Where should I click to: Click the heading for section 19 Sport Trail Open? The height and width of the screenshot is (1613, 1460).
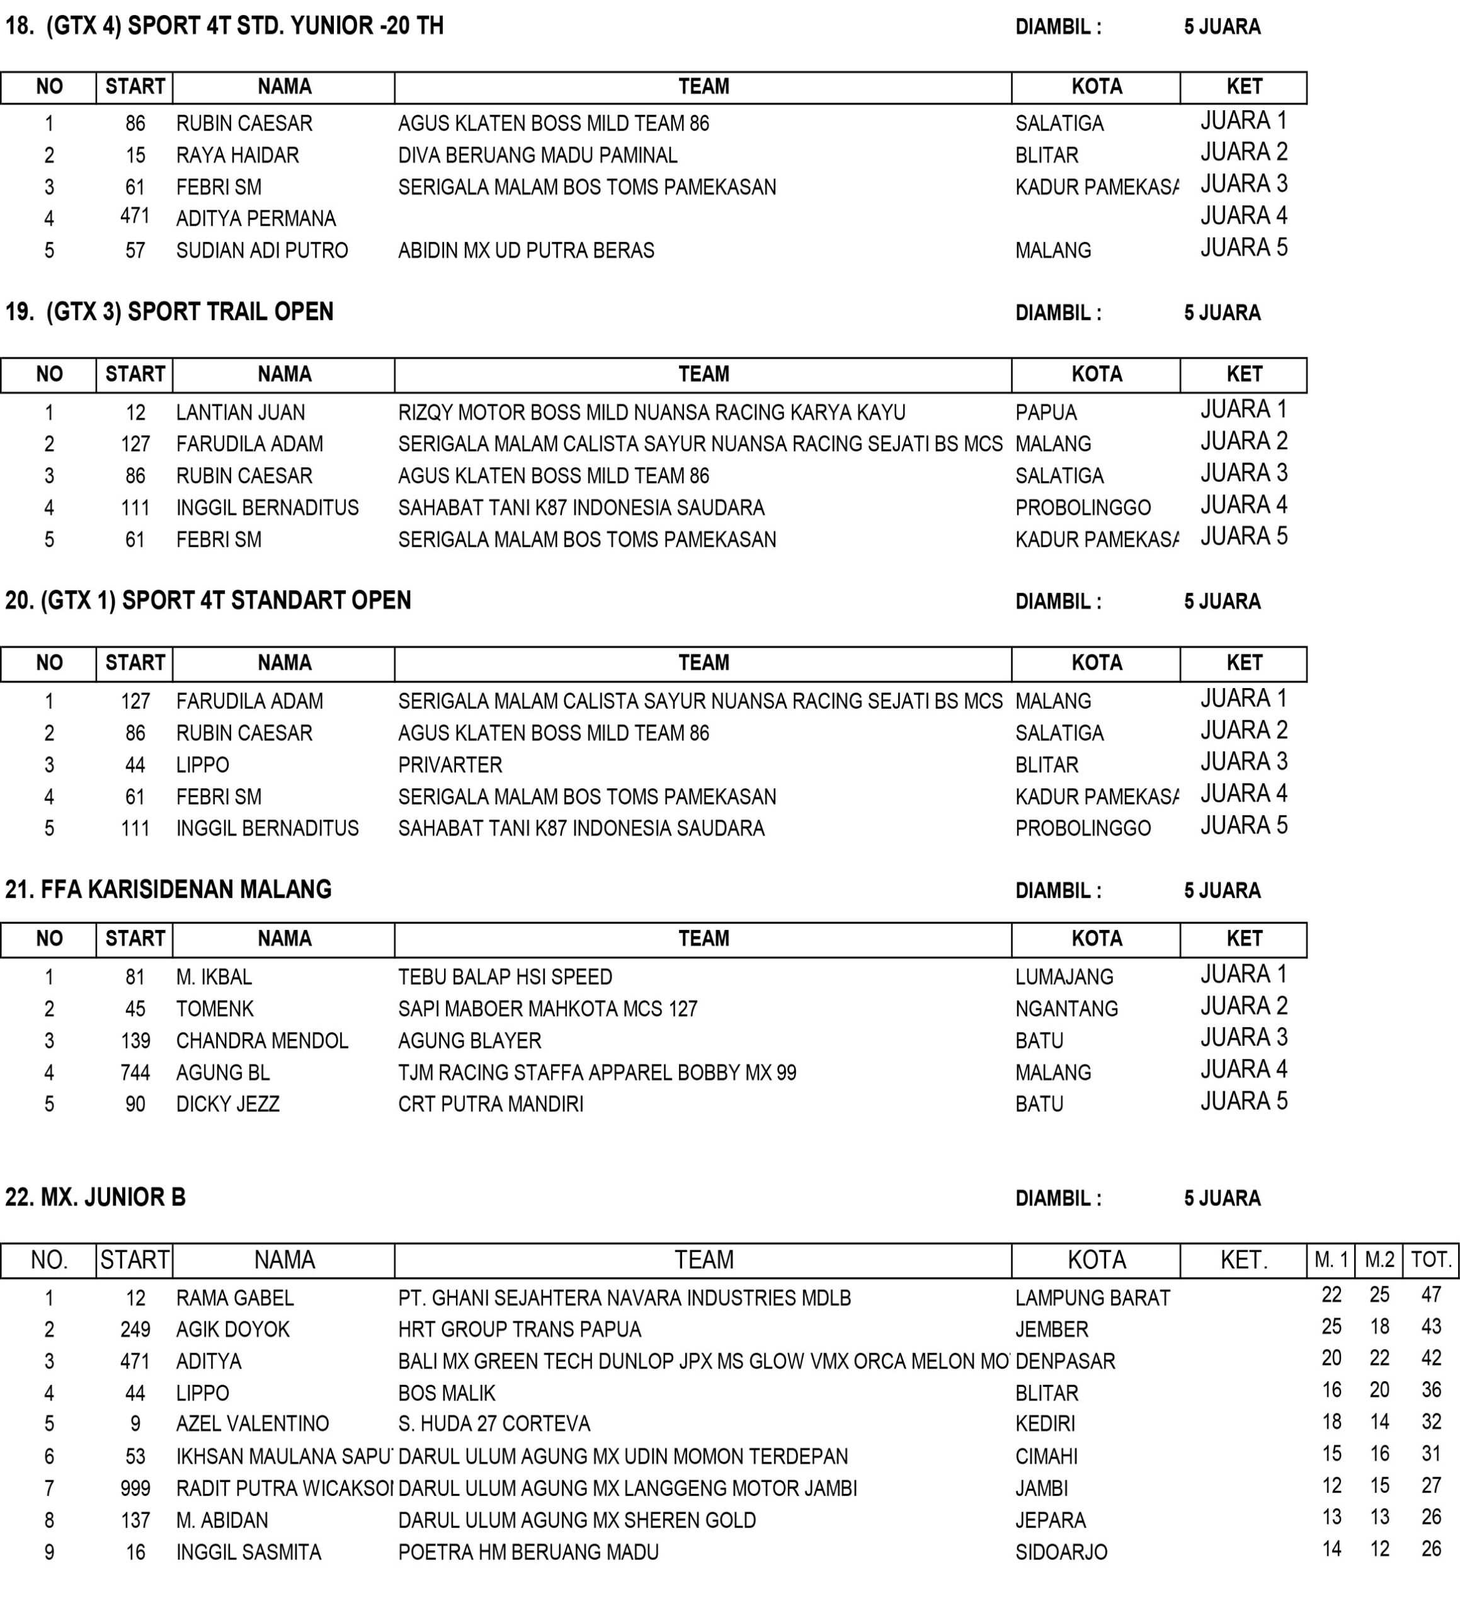coord(169,312)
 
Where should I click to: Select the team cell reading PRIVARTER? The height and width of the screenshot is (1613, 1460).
coord(450,765)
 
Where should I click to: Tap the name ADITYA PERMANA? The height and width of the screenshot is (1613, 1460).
coord(256,219)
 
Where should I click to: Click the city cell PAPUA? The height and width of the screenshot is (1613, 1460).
coord(1046,413)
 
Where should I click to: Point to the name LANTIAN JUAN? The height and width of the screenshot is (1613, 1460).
coord(241,413)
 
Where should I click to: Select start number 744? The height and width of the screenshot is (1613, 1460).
coord(135,1072)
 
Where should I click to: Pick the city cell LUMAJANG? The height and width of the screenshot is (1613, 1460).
coord(1064,977)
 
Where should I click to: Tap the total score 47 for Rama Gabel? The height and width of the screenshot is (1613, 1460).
coord(1431,1295)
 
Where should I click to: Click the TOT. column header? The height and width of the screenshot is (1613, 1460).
coord(1431,1260)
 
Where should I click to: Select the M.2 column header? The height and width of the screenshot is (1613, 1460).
coord(1380,1260)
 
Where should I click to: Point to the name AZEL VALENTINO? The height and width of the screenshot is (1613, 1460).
coord(253,1423)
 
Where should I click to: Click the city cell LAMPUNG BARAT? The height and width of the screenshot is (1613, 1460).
coord(1093,1298)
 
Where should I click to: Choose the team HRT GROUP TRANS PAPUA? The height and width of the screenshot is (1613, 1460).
coord(520,1329)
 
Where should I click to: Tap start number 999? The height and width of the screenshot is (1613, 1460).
coord(135,1488)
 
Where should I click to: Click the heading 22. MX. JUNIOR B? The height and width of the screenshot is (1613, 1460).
coord(96,1198)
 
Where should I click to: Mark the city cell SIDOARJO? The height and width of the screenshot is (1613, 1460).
coord(1061,1552)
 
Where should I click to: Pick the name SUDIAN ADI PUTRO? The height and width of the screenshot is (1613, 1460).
coord(263,250)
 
